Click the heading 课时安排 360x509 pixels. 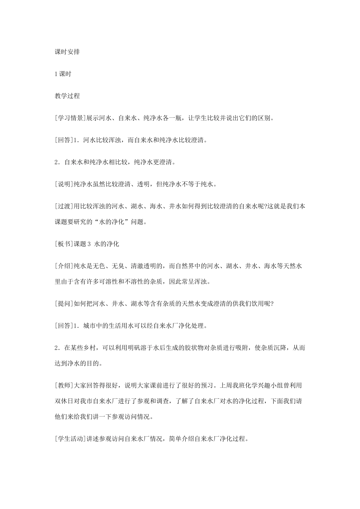tap(67, 52)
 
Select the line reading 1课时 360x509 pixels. tap(63, 74)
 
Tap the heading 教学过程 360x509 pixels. tap(67, 96)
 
